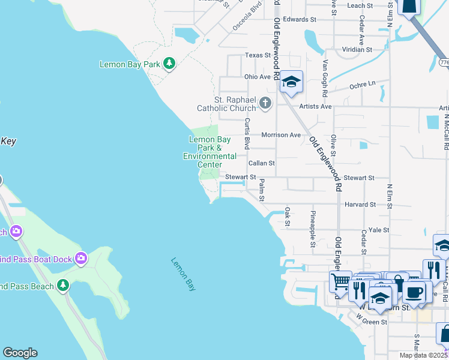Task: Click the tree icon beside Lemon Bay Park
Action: tap(169, 64)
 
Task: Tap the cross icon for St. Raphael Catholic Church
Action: tap(265, 104)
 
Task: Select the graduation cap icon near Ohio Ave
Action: tap(291, 82)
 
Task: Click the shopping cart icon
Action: tap(340, 281)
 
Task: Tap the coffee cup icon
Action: tap(414, 293)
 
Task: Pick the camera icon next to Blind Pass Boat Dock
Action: tap(81, 259)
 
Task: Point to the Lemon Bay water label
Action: tap(183, 274)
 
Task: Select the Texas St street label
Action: tap(258, 55)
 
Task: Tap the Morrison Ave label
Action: tap(280, 135)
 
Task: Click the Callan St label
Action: tap(262, 163)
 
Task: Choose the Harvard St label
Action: tap(360, 204)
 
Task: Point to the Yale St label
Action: tap(379, 230)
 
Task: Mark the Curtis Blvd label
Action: tap(247, 133)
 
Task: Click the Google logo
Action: tap(20, 353)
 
